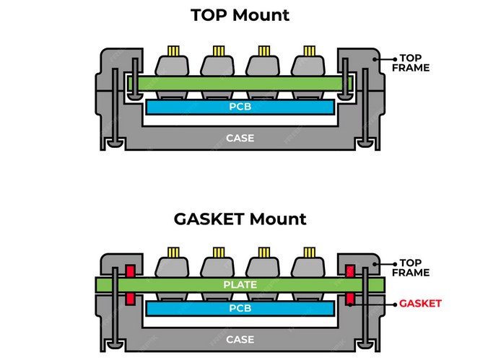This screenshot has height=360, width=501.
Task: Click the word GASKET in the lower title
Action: point(209,219)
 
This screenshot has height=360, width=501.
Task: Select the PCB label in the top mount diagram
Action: point(240,107)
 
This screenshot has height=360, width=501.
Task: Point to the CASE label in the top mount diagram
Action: point(240,137)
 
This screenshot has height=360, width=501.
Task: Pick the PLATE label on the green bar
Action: point(240,284)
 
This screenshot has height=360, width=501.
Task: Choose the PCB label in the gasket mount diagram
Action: point(240,309)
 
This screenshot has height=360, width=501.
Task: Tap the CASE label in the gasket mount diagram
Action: point(240,338)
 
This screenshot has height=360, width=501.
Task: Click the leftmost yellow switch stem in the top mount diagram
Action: point(173,51)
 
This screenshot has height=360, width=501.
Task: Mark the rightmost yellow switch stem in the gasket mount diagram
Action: point(309,253)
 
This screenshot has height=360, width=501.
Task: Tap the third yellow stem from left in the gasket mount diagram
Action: point(263,253)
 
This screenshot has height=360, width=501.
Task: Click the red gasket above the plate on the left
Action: point(131,271)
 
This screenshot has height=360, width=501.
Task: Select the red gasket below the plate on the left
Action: point(131,298)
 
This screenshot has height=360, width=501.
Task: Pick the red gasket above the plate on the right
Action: point(349,271)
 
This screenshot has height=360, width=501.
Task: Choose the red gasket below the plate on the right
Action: point(349,298)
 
